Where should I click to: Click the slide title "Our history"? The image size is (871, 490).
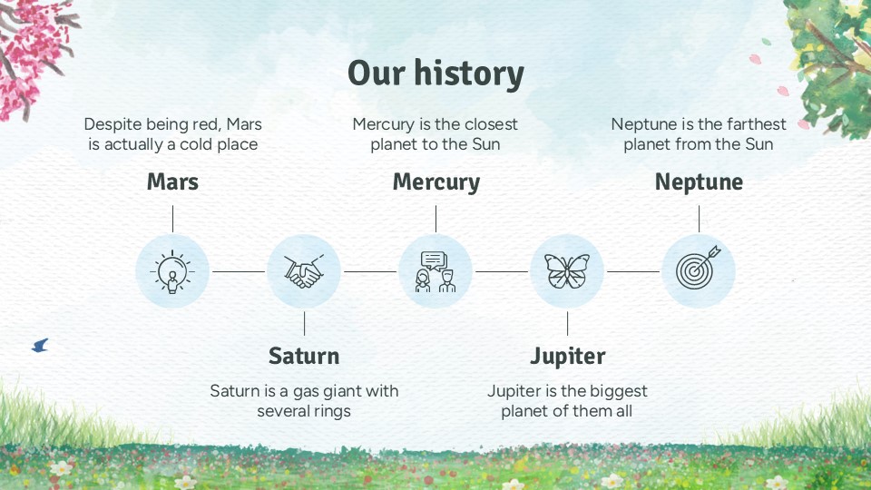435,73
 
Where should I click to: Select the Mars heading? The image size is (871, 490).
172,181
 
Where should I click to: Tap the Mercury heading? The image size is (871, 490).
436,182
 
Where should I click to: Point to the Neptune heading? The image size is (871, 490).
699,182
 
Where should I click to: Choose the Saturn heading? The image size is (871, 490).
304,356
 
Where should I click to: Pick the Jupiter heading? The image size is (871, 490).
567,357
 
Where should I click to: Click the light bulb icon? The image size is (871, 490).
172,271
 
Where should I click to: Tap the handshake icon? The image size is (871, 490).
304,271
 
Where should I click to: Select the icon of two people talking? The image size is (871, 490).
435,271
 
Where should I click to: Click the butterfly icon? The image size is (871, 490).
567,271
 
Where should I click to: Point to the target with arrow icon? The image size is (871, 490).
699,268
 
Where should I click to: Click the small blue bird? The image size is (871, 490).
41,346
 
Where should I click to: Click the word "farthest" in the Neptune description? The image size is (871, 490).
757,124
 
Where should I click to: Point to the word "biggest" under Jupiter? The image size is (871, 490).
620,392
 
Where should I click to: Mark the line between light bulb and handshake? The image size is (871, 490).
239,271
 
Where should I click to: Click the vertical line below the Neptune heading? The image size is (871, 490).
699,219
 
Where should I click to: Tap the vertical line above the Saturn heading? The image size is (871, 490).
305,323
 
